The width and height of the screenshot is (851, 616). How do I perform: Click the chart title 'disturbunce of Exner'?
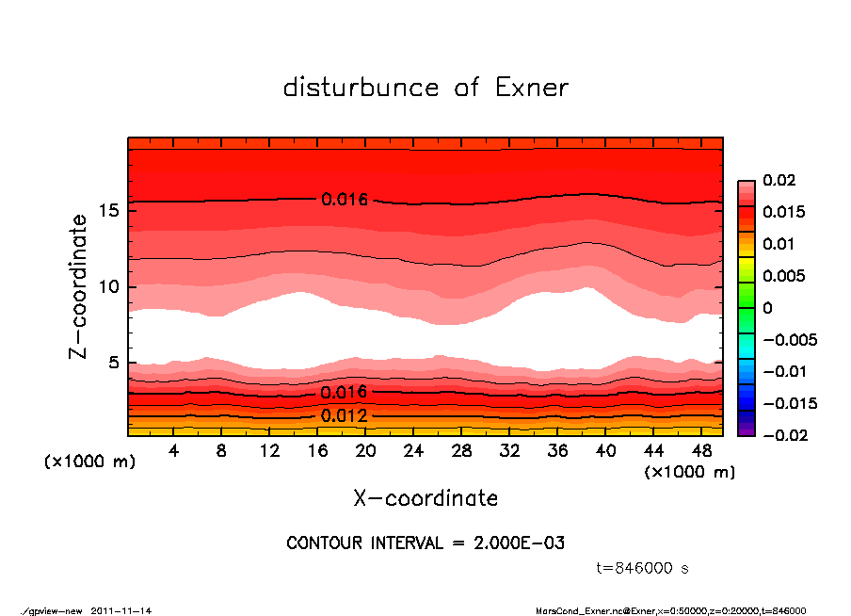[x=425, y=88]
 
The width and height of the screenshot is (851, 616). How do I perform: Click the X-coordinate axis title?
[x=425, y=498]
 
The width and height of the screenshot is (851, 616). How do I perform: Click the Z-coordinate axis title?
[x=79, y=285]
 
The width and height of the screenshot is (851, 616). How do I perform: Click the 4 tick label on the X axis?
[x=174, y=451]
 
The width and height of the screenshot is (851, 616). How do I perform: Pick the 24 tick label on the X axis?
[x=413, y=451]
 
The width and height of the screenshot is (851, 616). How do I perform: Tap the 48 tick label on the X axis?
[x=701, y=451]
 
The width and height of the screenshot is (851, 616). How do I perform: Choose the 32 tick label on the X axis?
[x=509, y=451]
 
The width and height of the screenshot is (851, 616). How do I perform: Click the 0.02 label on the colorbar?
[x=779, y=180]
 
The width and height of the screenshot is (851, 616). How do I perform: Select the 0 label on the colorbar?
[x=767, y=308]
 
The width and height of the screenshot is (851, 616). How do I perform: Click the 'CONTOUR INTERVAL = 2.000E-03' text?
[x=425, y=543]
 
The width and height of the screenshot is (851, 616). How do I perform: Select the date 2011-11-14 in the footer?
[x=121, y=610]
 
